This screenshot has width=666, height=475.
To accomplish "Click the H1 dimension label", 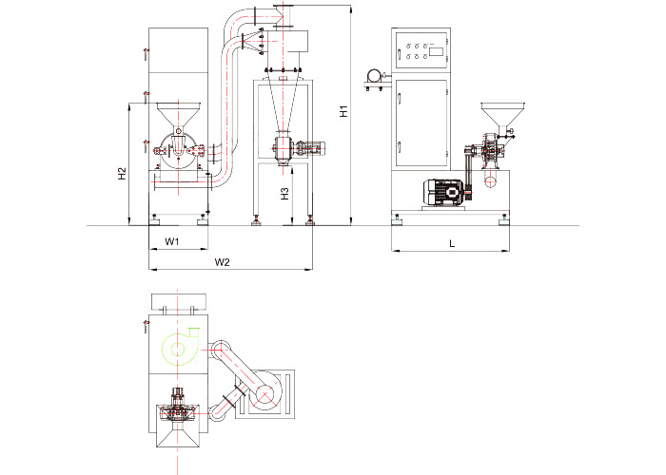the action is click(x=344, y=111).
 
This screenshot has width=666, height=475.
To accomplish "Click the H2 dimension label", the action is click(x=123, y=173).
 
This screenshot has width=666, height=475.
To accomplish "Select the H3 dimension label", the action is click(x=285, y=194).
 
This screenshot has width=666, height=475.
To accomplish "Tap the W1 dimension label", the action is click(x=172, y=241).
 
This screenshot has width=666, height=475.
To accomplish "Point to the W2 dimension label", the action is click(x=222, y=262).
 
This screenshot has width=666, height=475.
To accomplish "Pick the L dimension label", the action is click(x=452, y=243).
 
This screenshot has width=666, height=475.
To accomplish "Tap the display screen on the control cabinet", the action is click(x=436, y=51).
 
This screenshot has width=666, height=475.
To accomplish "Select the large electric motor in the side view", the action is click(x=443, y=193).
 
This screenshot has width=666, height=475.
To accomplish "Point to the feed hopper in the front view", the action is click(x=179, y=114).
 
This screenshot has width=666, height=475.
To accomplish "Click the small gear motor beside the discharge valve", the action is click(x=311, y=147).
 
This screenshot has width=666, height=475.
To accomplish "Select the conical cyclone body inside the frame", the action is click(x=284, y=104).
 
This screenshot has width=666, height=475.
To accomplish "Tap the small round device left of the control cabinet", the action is click(x=374, y=76).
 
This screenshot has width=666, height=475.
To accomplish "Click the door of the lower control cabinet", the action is click(x=421, y=123).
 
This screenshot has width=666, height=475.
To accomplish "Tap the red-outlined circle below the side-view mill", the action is click(x=491, y=181).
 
